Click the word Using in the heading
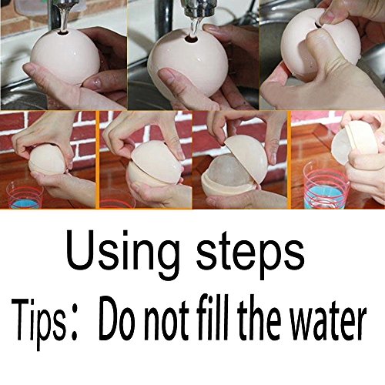(x=122, y=253)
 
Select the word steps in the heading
(x=250, y=253)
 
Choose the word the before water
(x=259, y=318)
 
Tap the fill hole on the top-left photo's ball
(x=63, y=32)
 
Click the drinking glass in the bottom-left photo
(x=25, y=194)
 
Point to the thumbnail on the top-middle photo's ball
(x=166, y=77)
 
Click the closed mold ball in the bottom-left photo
(x=47, y=161)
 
